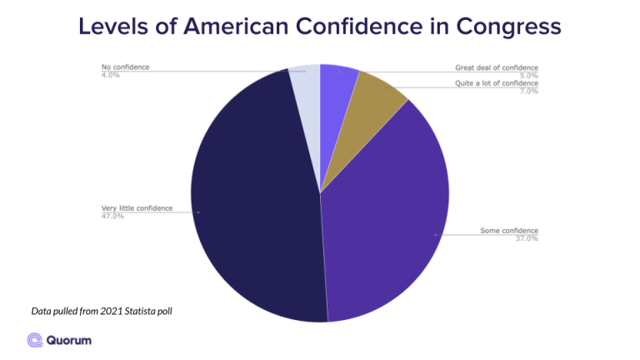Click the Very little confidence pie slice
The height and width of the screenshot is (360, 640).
click(254, 200)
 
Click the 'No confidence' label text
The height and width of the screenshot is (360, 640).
click(126, 67)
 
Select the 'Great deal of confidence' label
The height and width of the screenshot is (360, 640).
click(497, 67)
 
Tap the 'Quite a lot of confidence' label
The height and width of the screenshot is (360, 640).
click(497, 83)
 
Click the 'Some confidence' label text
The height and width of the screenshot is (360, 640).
click(509, 231)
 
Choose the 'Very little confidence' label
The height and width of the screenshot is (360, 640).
click(137, 208)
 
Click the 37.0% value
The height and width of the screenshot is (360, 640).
click(527, 239)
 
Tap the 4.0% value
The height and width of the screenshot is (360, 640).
click(110, 75)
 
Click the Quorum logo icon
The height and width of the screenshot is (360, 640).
click(35, 339)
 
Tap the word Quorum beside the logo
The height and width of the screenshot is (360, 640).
click(69, 339)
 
